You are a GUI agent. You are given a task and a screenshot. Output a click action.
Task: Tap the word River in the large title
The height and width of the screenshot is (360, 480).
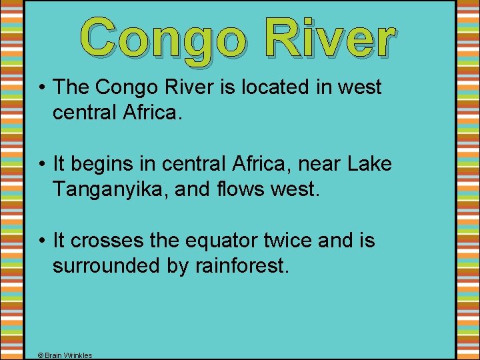point(329,37)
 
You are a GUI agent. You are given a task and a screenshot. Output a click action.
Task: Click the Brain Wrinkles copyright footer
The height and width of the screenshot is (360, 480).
point(65,355)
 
